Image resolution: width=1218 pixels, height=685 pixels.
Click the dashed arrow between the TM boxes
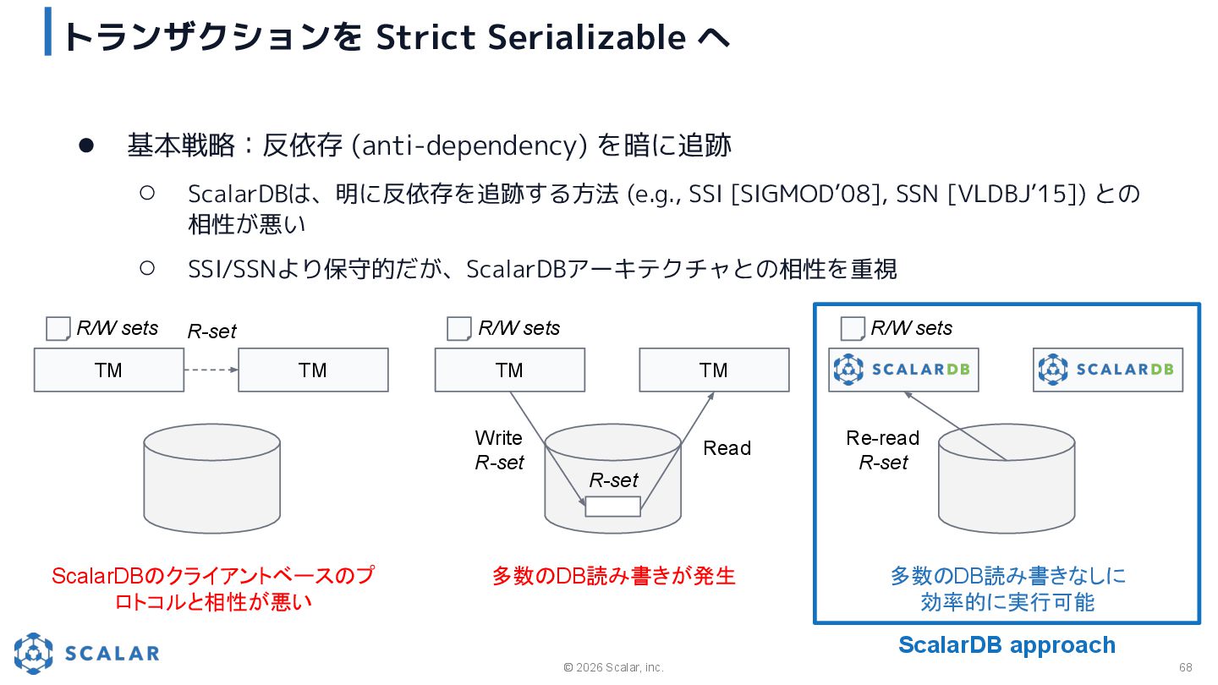[211, 370]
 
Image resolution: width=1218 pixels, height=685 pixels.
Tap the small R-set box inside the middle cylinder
[612, 507]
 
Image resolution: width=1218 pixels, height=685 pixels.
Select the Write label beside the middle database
[498, 438]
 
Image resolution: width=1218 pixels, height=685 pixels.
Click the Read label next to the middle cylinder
[727, 448]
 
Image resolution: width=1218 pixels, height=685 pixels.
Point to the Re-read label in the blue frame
[882, 438]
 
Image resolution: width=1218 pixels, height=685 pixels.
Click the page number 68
[1185, 667]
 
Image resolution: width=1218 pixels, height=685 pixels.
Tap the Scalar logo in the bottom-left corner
[86, 653]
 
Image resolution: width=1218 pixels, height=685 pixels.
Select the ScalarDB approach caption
[1007, 645]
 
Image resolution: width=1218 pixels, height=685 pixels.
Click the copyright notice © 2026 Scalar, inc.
[613, 667]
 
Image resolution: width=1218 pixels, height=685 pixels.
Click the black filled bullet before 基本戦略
[85, 145]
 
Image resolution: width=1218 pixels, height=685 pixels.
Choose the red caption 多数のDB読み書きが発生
[613, 576]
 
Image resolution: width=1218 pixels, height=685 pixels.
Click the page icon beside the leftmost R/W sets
[58, 329]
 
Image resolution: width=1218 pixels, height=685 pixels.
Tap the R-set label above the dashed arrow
[211, 332]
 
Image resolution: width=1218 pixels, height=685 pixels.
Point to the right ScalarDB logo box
[1107, 370]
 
